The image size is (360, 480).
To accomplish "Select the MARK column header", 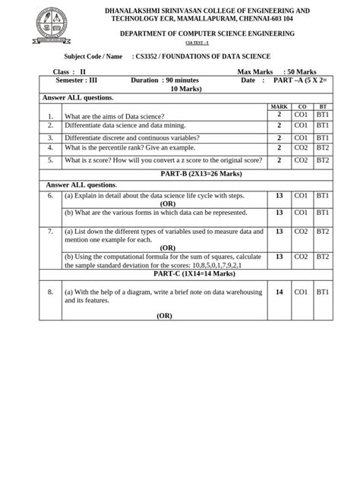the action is click(x=279, y=106).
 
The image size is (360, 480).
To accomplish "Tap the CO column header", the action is click(x=302, y=106).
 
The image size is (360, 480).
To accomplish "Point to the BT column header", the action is click(x=324, y=106).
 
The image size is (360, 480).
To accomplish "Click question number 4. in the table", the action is click(x=50, y=148).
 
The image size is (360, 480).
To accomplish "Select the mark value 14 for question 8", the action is click(x=279, y=291).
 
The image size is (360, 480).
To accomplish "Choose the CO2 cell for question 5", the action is click(x=302, y=160).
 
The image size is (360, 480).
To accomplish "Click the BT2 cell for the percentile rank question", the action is click(x=324, y=148).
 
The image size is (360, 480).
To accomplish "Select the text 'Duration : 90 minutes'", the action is click(x=165, y=80).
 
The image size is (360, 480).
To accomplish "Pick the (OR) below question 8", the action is click(x=165, y=315).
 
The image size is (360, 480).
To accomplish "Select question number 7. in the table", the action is click(x=50, y=231).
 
